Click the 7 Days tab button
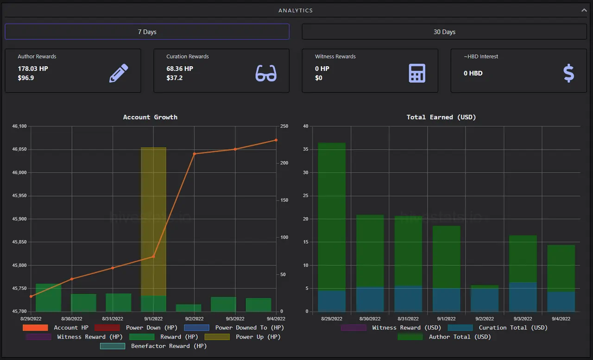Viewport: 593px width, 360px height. click(147, 32)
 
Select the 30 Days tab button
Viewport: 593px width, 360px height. click(444, 32)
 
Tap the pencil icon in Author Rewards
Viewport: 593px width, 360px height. click(119, 73)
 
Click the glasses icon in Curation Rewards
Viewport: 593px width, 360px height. click(266, 73)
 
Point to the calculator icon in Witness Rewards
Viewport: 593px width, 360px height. click(417, 73)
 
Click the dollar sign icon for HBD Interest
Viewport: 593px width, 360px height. click(568, 73)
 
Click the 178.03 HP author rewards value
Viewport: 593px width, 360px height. click(33, 69)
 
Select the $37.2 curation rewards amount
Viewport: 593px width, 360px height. click(175, 78)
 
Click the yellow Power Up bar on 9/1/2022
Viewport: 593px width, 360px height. click(153, 221)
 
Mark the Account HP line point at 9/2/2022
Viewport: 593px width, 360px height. click(194, 154)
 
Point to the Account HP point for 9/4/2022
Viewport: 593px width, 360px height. click(276, 140)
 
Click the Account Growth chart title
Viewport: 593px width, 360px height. click(150, 117)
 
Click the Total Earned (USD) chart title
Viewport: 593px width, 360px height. click(441, 117)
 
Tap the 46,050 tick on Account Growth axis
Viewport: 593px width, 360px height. click(19, 149)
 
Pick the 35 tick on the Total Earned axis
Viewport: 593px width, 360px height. click(306, 149)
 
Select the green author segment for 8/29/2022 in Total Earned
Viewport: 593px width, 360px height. click(332, 217)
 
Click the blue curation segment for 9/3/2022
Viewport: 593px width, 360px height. click(523, 297)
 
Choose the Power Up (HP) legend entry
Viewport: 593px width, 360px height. click(242, 337)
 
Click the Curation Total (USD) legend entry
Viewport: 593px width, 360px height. click(498, 328)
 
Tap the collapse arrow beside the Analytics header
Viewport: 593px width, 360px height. click(584, 10)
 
